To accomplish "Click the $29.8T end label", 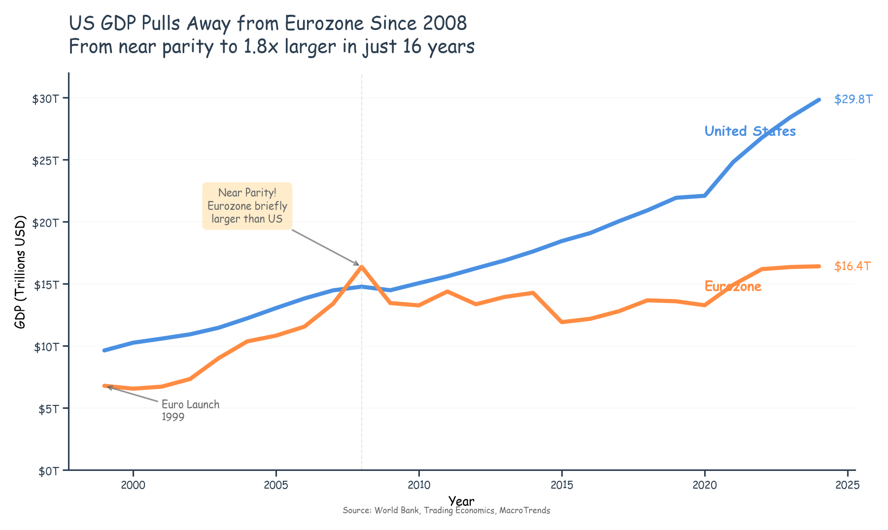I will [853, 99].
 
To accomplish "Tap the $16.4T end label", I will [853, 266].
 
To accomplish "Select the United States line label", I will [750, 131].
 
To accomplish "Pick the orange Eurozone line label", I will [733, 286].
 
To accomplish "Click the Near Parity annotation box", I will [247, 206].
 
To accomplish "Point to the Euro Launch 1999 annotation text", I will [190, 410].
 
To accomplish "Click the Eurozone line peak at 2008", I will [362, 266].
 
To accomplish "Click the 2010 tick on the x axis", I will [418, 485].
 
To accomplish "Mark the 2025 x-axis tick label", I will [847, 485].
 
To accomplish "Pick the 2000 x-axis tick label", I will [133, 485].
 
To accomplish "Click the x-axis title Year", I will [461, 501].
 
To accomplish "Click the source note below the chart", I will [446, 511].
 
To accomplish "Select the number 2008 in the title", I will [442, 23].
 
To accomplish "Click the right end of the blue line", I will [819, 100].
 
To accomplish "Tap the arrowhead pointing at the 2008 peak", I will [358, 265].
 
